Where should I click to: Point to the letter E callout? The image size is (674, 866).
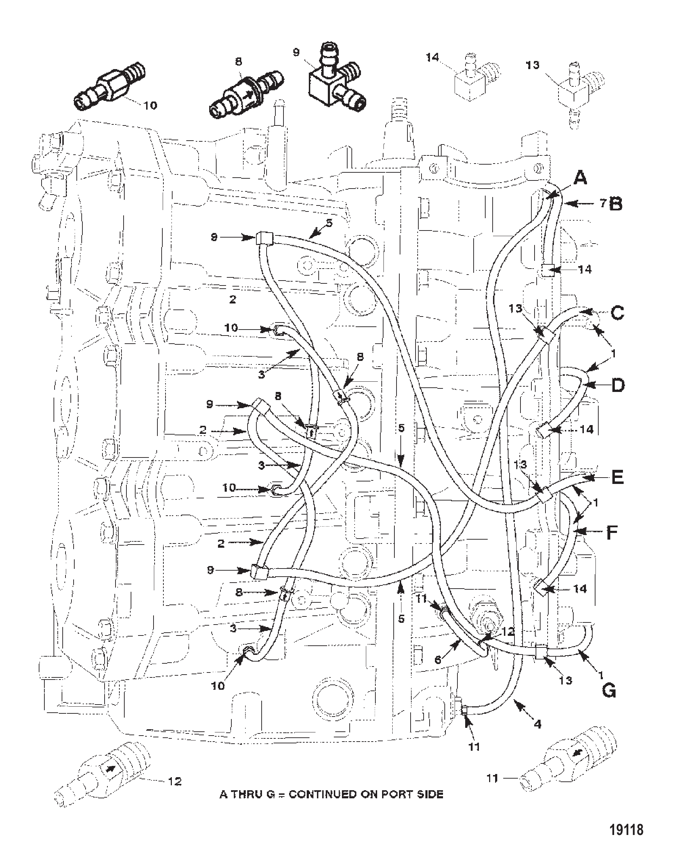pyautogui.click(x=617, y=477)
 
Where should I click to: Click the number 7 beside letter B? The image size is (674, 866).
pyautogui.click(x=603, y=203)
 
